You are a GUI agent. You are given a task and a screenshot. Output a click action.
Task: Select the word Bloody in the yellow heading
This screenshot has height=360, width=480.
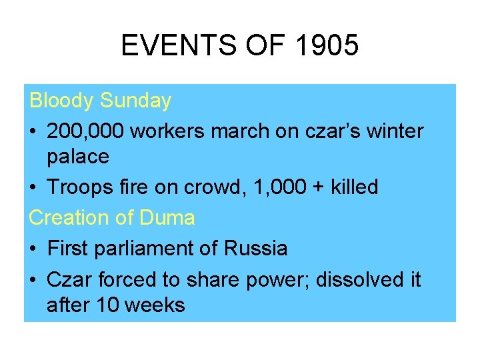coord(62,101)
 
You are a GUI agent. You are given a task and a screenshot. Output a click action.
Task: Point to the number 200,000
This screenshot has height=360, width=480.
coord(85,131)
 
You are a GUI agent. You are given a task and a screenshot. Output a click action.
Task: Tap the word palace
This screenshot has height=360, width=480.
coord(77,157)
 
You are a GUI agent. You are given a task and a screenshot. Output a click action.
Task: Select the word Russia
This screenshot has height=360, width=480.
coord(256,249)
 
